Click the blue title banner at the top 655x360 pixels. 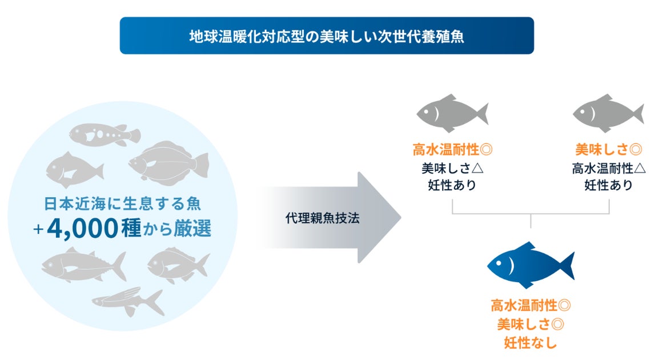point(327,35)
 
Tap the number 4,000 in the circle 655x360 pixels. point(83,229)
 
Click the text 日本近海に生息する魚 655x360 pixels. point(123,203)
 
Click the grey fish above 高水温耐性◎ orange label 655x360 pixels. point(451,111)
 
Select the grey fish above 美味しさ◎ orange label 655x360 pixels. point(608,111)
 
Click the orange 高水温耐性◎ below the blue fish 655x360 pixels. point(531,306)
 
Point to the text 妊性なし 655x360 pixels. point(531,343)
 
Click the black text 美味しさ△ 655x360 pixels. point(452,168)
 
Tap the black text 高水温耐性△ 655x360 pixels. point(609,168)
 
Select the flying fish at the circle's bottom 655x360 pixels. point(128,302)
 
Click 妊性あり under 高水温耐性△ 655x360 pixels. point(609,185)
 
